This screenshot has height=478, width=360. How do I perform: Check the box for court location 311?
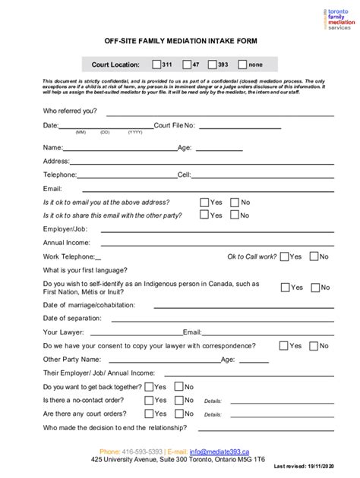(156, 64)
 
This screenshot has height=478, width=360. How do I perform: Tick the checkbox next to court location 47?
(185, 64)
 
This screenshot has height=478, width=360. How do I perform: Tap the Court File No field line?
(266, 128)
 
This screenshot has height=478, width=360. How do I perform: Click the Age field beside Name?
(220, 151)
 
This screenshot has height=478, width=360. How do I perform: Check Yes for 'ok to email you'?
(204, 203)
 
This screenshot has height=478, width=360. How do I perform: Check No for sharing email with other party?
(235, 215)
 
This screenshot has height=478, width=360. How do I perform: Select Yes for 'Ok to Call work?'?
(284, 256)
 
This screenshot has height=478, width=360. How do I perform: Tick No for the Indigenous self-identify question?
(315, 288)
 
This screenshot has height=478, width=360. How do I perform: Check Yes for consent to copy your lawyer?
(284, 345)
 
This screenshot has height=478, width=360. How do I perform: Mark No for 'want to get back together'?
(178, 386)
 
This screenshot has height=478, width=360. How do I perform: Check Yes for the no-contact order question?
(149, 400)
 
